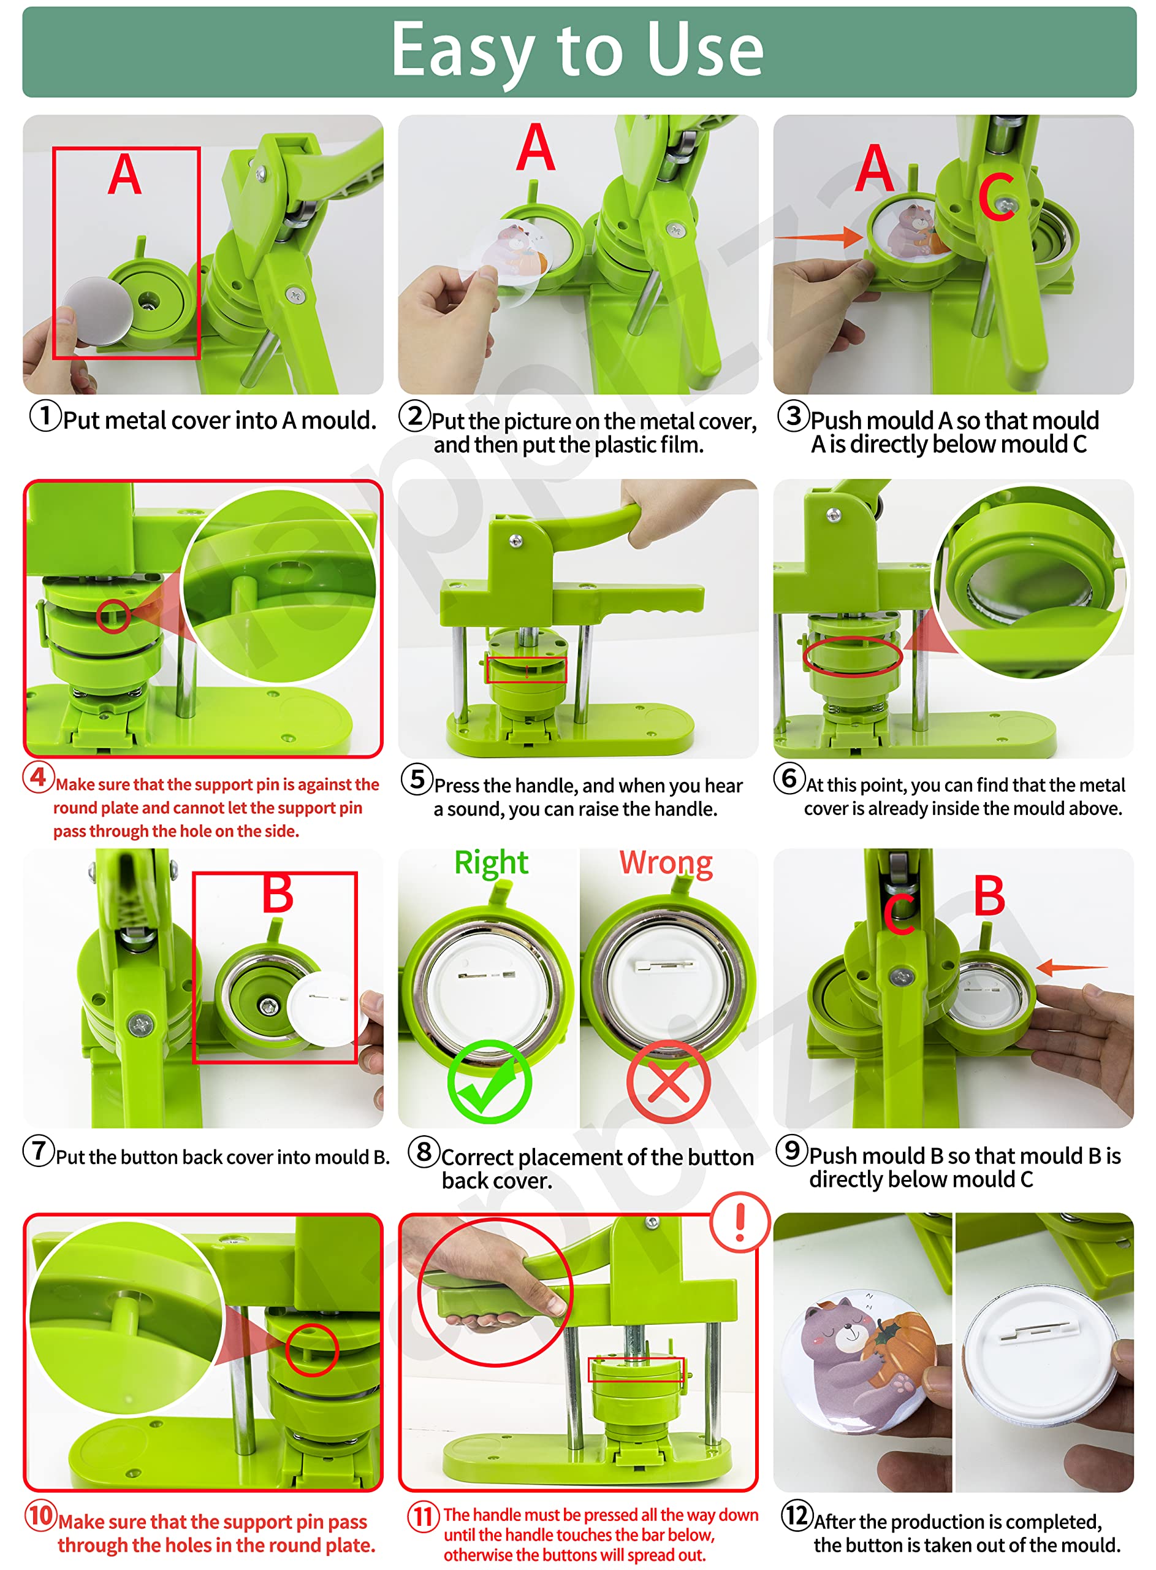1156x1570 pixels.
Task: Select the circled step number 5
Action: click(417, 779)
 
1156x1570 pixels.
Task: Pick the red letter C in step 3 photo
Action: click(997, 197)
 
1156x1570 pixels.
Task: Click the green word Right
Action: click(491, 862)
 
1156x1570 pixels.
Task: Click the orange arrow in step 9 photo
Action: click(1071, 967)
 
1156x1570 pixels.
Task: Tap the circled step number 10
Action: click(40, 1515)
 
